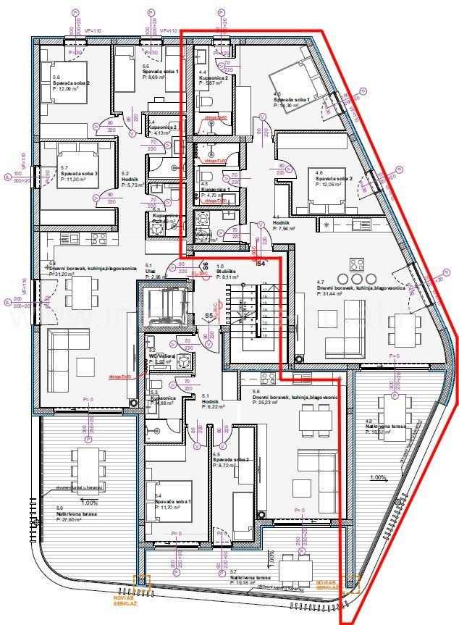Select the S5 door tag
pyautogui.click(x=209, y=316)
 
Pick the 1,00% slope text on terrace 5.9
pyautogui.click(x=89, y=503)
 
